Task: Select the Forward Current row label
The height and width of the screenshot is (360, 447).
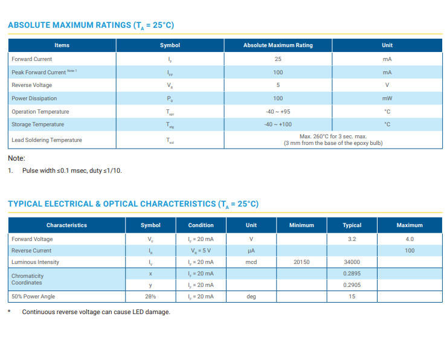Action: point(32,59)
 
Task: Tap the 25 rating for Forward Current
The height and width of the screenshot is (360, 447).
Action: point(278,59)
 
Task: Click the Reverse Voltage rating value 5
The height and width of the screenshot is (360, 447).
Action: point(278,85)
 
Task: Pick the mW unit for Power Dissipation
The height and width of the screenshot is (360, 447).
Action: point(387,98)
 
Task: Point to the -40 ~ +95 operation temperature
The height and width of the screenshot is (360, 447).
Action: point(278,112)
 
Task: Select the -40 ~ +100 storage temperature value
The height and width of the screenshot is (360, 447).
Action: point(278,124)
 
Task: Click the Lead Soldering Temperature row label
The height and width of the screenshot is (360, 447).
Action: point(47,140)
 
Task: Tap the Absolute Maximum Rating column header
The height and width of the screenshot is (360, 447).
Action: point(278,45)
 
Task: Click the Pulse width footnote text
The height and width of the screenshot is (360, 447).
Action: point(72,171)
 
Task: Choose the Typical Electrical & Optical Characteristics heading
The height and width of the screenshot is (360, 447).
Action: point(133,204)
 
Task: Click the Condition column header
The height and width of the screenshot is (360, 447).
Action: point(201,225)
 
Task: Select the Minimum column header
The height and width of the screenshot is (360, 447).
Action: point(301,225)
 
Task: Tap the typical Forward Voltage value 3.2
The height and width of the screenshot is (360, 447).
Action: point(352,239)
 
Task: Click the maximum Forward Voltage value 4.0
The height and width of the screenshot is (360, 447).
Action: point(410,239)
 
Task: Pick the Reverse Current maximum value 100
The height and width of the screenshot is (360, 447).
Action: point(410,250)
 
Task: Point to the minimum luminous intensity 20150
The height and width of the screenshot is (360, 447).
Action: point(301,262)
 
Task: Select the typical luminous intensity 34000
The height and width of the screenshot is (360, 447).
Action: point(352,262)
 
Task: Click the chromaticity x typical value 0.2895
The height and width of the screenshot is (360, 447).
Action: point(352,274)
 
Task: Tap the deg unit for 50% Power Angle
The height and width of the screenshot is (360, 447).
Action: point(251,297)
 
